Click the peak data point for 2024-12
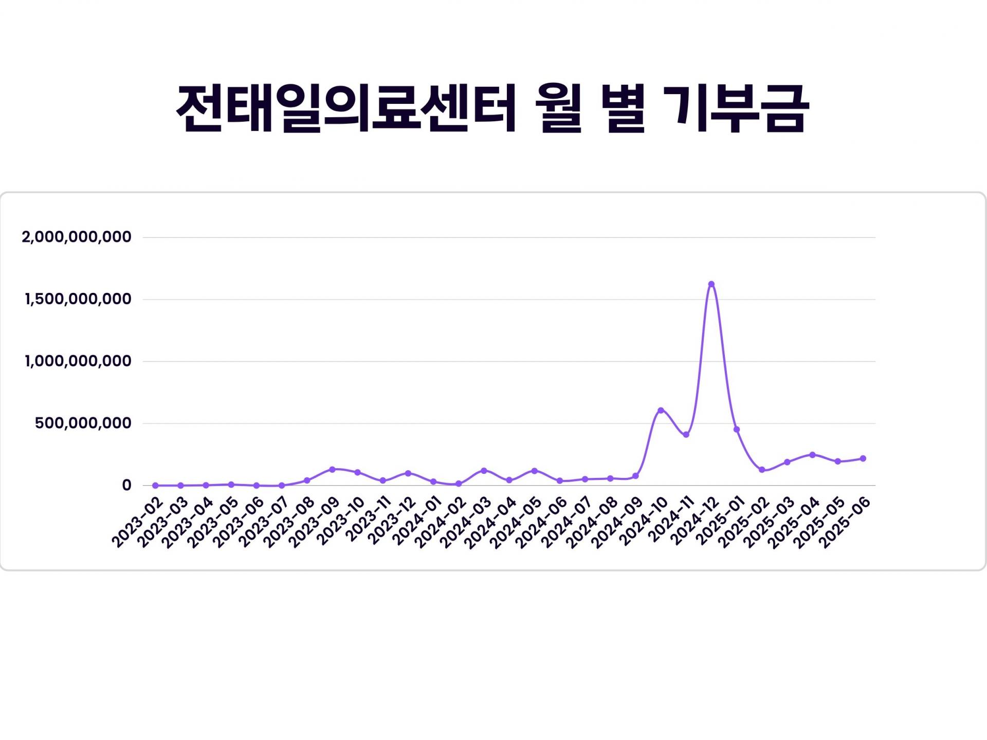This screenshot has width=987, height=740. (711, 284)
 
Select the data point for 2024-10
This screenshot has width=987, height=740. (661, 411)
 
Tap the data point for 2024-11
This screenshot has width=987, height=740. (686, 435)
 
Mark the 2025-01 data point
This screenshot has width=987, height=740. (737, 430)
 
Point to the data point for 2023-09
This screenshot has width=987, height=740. (332, 469)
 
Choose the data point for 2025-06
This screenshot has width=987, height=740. (863, 458)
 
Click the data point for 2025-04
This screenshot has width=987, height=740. (812, 455)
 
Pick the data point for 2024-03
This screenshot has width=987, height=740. (484, 471)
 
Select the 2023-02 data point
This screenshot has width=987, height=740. (155, 485)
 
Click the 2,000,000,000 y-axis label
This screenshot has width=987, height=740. (77, 237)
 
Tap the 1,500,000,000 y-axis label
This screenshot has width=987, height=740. (78, 299)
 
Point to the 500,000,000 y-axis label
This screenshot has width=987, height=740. (83, 423)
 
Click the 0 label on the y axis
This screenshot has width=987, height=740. (126, 486)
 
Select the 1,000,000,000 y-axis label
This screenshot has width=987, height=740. (78, 361)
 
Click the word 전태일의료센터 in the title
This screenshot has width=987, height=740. (346, 109)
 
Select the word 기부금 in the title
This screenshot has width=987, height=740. (736, 109)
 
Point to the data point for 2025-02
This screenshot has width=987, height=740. (762, 470)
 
